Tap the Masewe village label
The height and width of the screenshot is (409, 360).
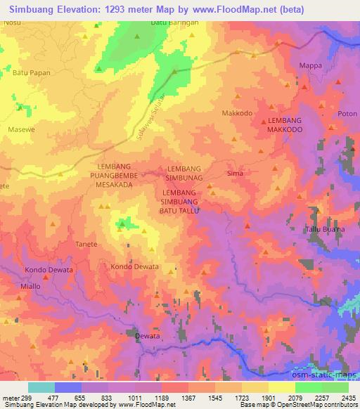tap(20, 130)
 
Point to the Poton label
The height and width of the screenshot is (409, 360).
tap(348, 113)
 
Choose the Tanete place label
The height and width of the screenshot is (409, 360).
tap(86, 245)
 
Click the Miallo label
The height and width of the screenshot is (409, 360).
tap(34, 287)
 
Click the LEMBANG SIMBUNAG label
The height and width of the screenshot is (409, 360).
tap(186, 174)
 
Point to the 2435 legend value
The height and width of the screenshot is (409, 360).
tap(347, 397)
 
